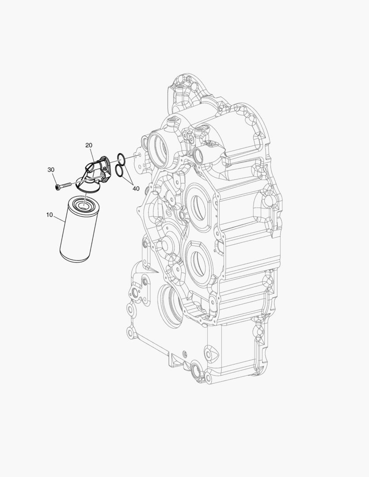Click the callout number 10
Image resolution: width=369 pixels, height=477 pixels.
(x=49, y=215)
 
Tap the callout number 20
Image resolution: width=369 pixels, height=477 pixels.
(x=88, y=145)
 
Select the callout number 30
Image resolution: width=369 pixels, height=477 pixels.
(x=51, y=170)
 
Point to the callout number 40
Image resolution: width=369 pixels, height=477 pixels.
(x=136, y=189)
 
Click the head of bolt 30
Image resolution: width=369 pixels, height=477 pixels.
(x=58, y=187)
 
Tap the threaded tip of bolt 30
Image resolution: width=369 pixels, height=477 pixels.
(x=69, y=184)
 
